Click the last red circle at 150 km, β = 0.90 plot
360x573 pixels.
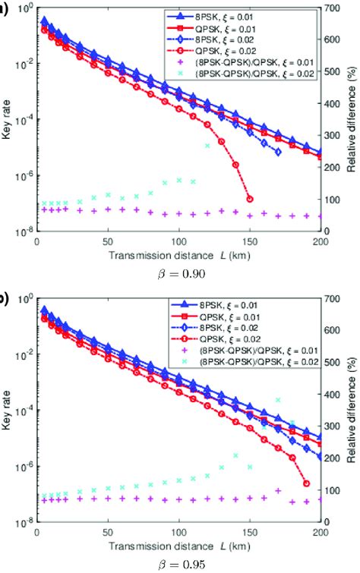[x=250, y=199]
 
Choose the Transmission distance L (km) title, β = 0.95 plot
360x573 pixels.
[x=178, y=546]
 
